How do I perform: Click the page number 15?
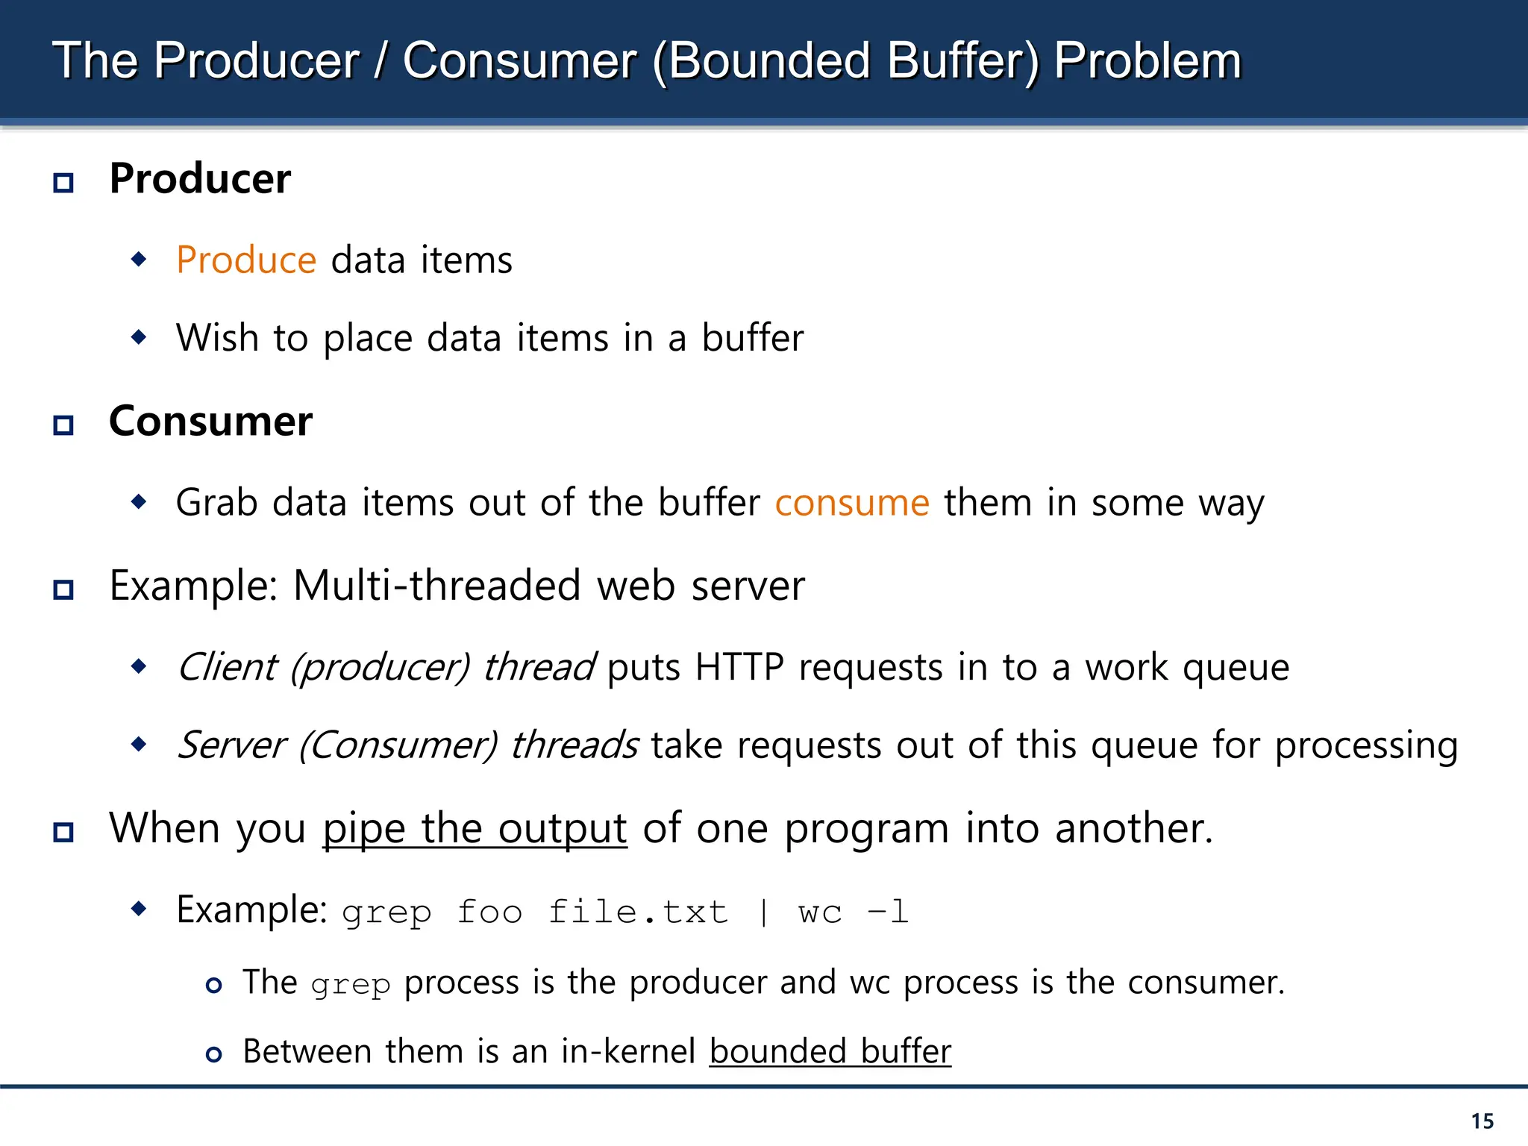pyautogui.click(x=1482, y=1121)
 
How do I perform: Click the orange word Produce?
pyautogui.click(x=246, y=260)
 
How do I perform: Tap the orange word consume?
pyautogui.click(x=852, y=503)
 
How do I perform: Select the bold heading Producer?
pyautogui.click(x=200, y=179)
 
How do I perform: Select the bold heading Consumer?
pyautogui.click(x=210, y=422)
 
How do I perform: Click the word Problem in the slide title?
pyautogui.click(x=1147, y=61)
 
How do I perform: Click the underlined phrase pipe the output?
pyautogui.click(x=475, y=829)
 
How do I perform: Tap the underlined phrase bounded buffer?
pyautogui.click(x=830, y=1052)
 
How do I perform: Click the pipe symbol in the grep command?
pyautogui.click(x=763, y=912)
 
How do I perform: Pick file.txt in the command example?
pyautogui.click(x=638, y=912)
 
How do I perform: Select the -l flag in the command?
pyautogui.click(x=888, y=912)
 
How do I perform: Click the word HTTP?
pyautogui.click(x=739, y=667)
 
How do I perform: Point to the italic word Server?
pyautogui.click(x=232, y=745)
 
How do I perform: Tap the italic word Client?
pyautogui.click(x=228, y=667)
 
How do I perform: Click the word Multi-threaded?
pyautogui.click(x=436, y=586)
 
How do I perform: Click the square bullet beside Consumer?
pyautogui.click(x=63, y=425)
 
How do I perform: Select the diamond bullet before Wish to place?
pyautogui.click(x=139, y=337)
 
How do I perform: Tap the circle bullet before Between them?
pyautogui.click(x=214, y=1054)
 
